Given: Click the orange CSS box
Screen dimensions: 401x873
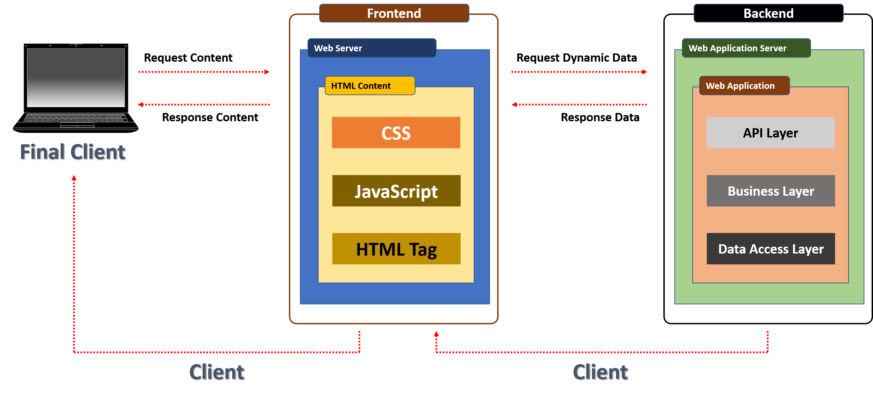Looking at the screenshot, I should (x=396, y=133).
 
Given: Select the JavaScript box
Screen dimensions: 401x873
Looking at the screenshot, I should (x=396, y=191).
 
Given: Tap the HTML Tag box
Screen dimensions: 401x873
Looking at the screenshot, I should (x=396, y=249).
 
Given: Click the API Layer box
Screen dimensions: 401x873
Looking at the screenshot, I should (x=770, y=133).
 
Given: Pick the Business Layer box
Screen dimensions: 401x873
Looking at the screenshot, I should (x=771, y=191).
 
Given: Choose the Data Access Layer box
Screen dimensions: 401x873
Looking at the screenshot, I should (x=771, y=249).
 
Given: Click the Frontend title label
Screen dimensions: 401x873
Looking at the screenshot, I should (x=394, y=13).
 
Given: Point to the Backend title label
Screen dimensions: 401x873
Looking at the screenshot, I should (x=768, y=13).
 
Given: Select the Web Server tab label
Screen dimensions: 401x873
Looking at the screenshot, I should (x=372, y=48).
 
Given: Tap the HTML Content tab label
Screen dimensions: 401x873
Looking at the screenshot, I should (x=370, y=86).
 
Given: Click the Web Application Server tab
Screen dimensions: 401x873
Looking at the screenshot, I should (x=746, y=48).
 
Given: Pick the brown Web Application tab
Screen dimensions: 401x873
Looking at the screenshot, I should (x=744, y=86).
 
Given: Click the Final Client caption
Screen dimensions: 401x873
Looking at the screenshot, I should (x=72, y=152).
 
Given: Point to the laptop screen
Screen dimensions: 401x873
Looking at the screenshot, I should (x=76, y=78).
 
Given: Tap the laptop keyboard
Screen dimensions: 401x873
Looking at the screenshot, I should (x=76, y=118).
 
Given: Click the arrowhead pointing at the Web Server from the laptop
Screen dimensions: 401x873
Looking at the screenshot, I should (x=267, y=72).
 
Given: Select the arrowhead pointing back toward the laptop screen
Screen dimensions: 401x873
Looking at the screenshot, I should (x=141, y=105).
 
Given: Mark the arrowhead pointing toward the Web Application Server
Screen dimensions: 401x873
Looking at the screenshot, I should (x=644, y=72).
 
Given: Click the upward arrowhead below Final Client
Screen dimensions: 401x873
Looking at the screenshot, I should (x=74, y=178).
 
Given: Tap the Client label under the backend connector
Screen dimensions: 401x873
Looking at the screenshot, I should (x=600, y=372).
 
